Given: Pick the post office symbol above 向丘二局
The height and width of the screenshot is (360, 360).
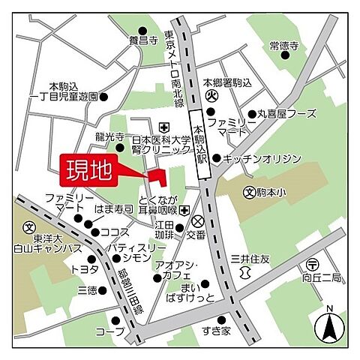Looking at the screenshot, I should tap(313, 264).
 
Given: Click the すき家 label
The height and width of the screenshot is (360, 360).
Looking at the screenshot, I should tap(215, 328).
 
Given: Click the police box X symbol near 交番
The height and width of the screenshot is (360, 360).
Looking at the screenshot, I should tap(198, 221).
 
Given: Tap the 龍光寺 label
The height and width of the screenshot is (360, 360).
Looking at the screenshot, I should tap(109, 137).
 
